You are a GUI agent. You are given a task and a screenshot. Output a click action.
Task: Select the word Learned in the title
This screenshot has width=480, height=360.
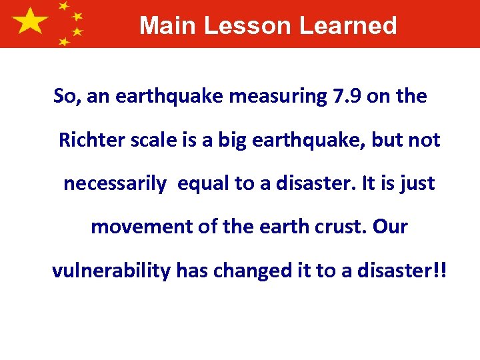click(348, 26)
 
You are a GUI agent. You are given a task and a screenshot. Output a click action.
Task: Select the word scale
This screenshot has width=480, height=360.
click(151, 141)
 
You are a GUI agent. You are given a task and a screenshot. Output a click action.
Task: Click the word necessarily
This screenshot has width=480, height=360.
click(115, 184)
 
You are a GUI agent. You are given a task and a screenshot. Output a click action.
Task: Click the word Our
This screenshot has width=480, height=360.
click(390, 227)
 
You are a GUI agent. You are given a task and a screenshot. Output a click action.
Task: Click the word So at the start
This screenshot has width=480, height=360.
click(65, 97)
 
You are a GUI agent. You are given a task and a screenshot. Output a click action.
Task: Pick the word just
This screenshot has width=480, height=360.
click(419, 184)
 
